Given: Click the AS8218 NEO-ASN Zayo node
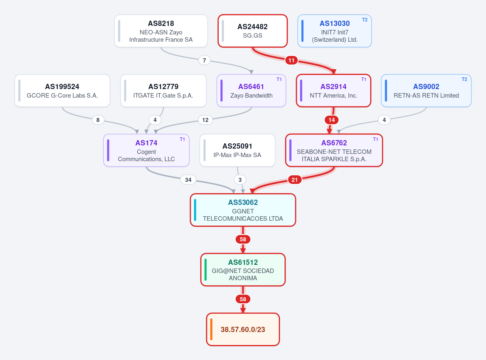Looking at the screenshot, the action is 161,31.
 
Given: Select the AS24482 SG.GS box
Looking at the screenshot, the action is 252,31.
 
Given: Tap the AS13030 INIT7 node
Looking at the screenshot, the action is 335,31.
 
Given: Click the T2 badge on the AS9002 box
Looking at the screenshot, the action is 464,79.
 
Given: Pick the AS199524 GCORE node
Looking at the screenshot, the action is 62,91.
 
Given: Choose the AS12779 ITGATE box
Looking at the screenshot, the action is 163,91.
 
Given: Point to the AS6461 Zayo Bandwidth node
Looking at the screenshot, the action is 252,91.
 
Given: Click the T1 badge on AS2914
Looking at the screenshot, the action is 364,79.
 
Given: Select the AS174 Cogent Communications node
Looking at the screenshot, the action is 146,150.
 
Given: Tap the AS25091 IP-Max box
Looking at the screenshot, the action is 237,150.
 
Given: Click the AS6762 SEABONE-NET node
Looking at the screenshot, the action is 334,150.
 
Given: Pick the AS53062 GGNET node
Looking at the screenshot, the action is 243,210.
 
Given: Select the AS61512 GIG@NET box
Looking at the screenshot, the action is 243,270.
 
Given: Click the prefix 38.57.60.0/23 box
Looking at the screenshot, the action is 243,329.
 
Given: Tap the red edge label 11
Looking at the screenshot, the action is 292,60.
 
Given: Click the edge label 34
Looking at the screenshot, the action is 188,180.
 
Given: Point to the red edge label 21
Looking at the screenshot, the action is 294,180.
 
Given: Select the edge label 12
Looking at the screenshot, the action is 205,120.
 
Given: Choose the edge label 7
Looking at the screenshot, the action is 204,60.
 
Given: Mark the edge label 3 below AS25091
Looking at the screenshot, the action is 240,180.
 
